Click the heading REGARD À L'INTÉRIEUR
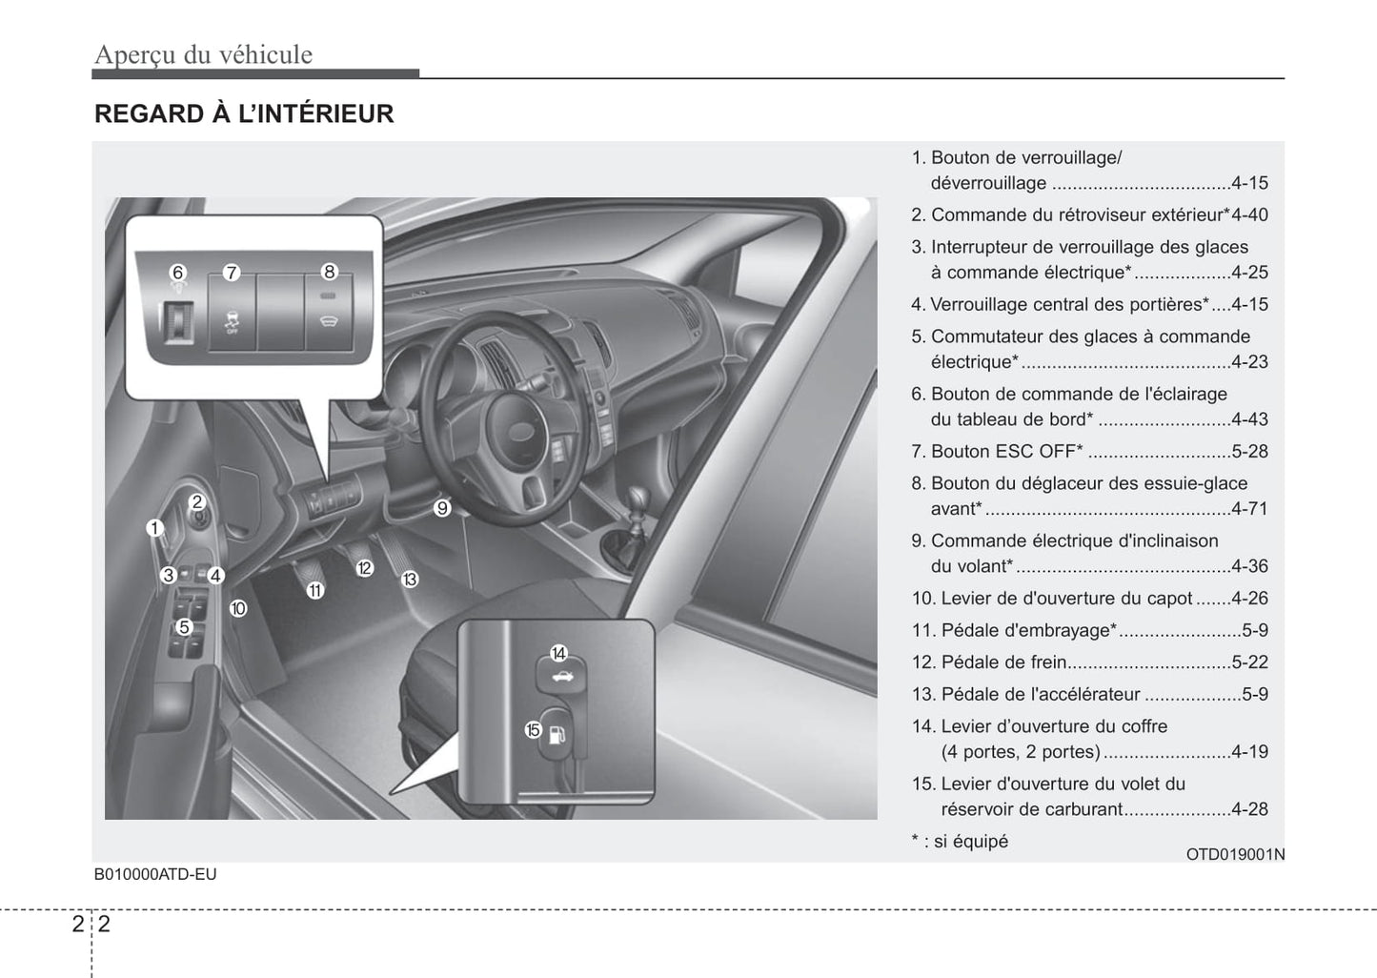tap(244, 114)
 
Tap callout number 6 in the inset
tap(177, 273)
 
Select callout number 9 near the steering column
tap(442, 508)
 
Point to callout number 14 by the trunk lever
tap(558, 653)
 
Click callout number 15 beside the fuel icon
tap(533, 730)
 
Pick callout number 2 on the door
tap(197, 502)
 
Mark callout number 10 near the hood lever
tap(238, 608)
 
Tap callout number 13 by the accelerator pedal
tap(410, 579)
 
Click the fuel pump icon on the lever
tap(559, 735)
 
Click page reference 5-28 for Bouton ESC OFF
tap(1248, 452)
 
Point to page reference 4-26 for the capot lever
tap(1248, 599)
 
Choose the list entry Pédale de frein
tap(1003, 662)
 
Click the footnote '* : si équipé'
tap(960, 842)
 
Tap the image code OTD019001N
tap(1234, 854)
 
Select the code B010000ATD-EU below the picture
tap(155, 874)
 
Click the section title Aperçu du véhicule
tap(203, 54)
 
